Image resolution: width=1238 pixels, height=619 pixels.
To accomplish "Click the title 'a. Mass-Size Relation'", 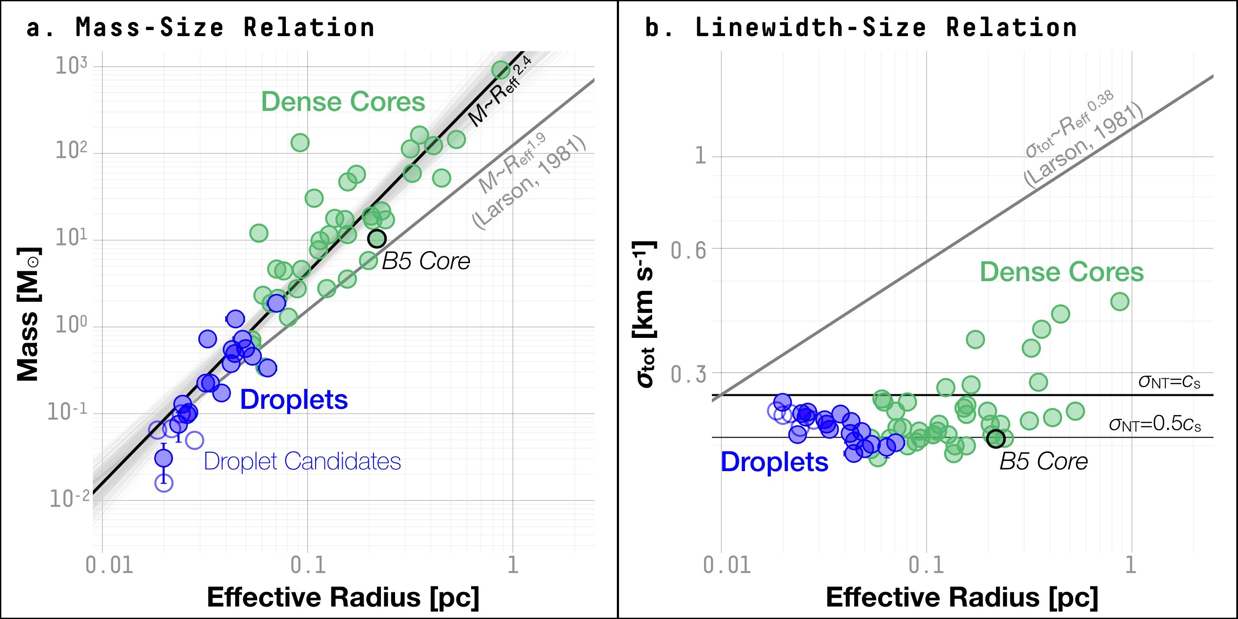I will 200,28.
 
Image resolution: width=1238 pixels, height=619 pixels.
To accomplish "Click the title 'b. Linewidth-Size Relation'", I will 860,28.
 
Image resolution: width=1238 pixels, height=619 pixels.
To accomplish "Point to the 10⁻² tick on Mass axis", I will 69,499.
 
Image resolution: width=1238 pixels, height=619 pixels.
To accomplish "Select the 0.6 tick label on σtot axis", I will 688,250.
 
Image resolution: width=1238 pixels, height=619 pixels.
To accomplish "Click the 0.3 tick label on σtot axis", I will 688,374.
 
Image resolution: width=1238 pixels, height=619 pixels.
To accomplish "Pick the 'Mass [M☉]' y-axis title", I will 28,314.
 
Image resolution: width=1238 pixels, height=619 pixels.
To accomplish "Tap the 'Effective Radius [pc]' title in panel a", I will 343,598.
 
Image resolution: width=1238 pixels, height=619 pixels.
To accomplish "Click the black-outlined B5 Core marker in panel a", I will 377,239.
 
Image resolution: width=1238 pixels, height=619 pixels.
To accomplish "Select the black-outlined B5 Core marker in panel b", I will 996,438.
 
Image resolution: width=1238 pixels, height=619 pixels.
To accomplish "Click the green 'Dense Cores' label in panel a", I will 343,102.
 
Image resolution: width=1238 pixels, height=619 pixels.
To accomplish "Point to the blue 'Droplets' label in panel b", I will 774,462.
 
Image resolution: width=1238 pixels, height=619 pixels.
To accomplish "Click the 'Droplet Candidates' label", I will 302,461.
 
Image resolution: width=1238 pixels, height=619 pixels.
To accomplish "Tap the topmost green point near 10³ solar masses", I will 500,70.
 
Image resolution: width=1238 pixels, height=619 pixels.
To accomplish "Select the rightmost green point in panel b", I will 1120,302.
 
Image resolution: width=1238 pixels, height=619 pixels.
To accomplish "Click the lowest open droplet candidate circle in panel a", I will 164,483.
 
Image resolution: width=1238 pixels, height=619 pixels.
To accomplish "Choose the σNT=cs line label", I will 1169,382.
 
